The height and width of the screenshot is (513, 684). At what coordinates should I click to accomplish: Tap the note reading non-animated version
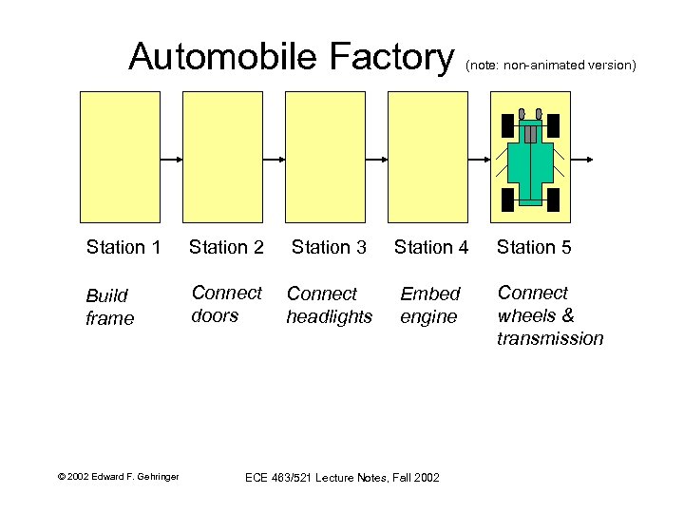550,66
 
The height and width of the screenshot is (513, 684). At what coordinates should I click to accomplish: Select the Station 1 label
123,248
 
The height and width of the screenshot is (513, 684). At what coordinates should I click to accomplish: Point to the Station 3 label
329,248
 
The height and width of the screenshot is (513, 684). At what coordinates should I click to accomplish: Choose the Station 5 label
534,248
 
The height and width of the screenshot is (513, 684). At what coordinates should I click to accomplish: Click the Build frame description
110,307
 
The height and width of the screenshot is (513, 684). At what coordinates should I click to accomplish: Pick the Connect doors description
226,304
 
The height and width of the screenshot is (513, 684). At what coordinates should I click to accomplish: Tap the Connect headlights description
329,305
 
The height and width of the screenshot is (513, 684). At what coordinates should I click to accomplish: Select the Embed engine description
429,305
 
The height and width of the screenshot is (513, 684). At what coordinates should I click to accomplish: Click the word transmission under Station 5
550,339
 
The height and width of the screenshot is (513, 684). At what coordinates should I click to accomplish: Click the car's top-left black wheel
507,125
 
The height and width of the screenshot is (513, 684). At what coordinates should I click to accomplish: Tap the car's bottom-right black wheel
554,199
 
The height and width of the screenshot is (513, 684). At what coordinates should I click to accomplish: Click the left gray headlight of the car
522,115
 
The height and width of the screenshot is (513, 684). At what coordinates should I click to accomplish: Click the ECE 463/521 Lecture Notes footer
342,477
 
